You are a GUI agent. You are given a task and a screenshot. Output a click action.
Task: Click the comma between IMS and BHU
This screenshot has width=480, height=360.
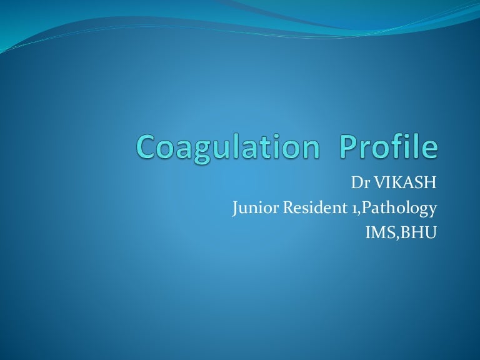pyautogui.click(x=397, y=237)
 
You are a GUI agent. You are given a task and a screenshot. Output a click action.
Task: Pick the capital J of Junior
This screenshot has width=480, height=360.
pyautogui.click(x=235, y=209)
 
